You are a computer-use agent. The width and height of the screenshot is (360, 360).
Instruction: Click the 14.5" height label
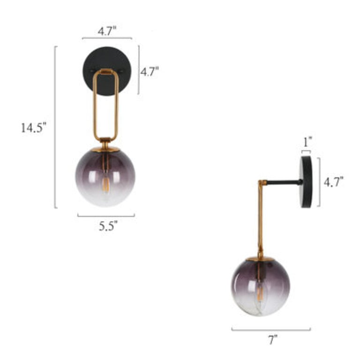click(34, 127)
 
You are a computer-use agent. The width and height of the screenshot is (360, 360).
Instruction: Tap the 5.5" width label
click(108, 226)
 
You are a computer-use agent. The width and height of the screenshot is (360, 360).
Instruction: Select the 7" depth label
click(272, 340)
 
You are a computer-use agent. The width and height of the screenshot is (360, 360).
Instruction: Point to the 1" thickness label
click(306, 141)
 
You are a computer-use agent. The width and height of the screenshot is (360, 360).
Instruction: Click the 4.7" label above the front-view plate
click(107, 31)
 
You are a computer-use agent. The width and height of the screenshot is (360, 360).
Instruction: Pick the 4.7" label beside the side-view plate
click(333, 182)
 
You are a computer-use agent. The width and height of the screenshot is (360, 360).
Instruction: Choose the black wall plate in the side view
click(307, 181)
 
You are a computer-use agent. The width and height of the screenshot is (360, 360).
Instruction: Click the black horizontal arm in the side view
click(284, 182)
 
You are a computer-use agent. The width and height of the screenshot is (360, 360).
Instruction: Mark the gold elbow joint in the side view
click(262, 182)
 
